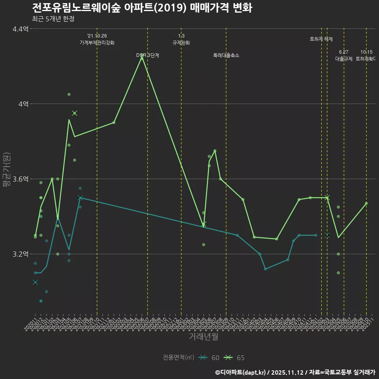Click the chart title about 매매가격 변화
pos(142,8)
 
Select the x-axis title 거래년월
pos(203,337)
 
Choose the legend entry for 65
pos(234,358)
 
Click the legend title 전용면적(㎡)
pos(178,358)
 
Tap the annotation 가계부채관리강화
pos(97,43)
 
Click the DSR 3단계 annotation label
pos(148,55)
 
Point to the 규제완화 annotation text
pos(181,43)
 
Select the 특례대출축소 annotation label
pos(226,55)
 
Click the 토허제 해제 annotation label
pos(321,39)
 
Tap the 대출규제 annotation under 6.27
pos(344,59)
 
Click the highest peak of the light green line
pos(142,57)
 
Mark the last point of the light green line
pos(366,203)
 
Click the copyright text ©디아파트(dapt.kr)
pos(241,372)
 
